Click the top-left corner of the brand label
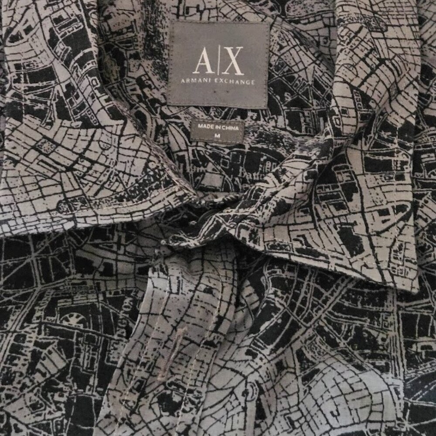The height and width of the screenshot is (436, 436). (170, 22)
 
